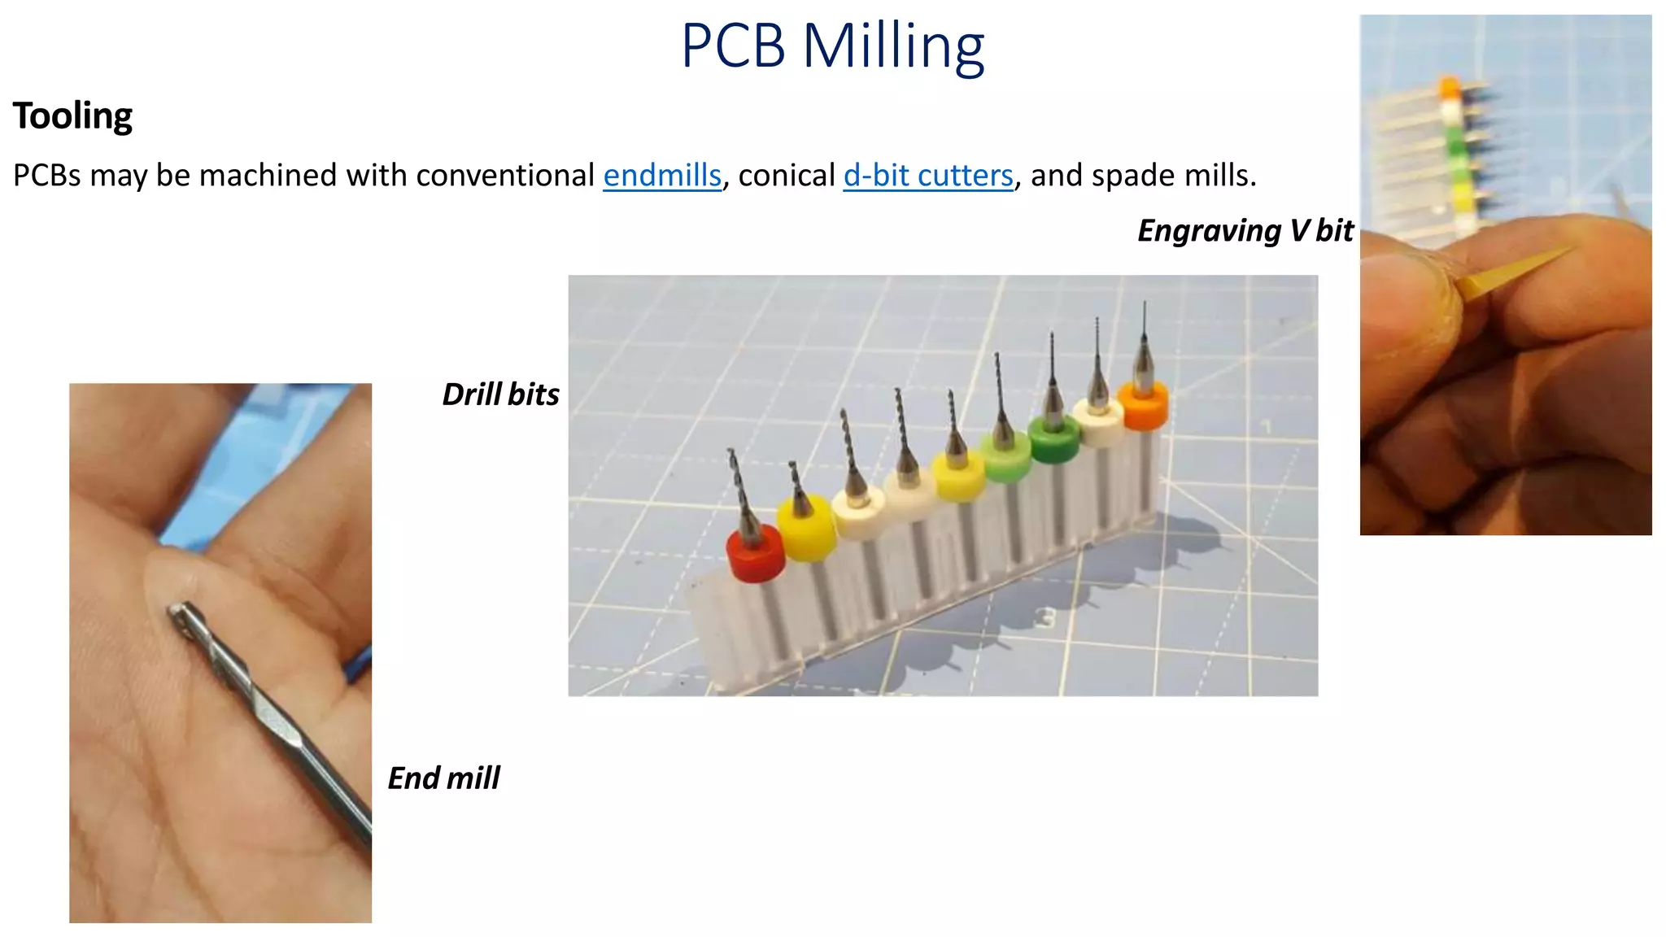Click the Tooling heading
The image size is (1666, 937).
click(x=72, y=115)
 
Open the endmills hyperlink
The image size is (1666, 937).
click(x=662, y=176)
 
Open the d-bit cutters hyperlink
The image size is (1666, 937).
click(x=928, y=176)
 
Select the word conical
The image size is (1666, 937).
click(x=787, y=176)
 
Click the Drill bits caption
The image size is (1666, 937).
click(x=500, y=394)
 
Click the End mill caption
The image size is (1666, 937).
click(x=443, y=778)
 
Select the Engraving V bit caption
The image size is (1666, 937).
click(x=1245, y=231)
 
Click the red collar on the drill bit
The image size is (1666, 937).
click(x=755, y=555)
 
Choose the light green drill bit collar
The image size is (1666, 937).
click(x=1005, y=458)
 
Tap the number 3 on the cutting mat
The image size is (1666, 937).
click(x=1049, y=618)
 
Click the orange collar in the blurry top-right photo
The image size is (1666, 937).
click(x=1450, y=86)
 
